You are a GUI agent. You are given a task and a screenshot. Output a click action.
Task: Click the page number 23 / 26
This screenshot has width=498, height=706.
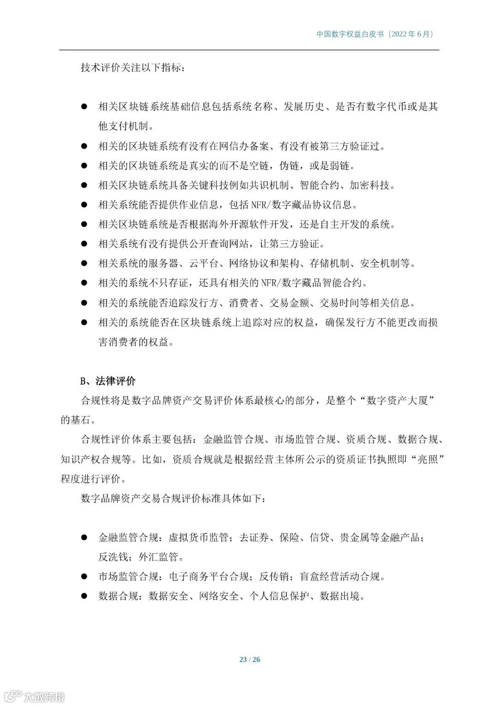(x=249, y=659)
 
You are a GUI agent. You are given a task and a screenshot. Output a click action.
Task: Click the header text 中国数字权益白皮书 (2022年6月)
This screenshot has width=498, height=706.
(x=375, y=34)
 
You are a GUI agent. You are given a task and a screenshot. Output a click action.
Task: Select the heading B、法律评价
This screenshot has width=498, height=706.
(x=108, y=381)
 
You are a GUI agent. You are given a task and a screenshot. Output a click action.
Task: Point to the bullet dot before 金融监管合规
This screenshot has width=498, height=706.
(x=84, y=537)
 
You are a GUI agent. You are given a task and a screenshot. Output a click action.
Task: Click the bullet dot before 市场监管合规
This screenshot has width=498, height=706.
(x=84, y=576)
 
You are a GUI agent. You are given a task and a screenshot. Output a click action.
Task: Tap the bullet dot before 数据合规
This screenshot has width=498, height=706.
(x=84, y=596)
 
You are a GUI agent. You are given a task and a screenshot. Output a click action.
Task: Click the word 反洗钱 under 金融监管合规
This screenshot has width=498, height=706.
(x=113, y=557)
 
